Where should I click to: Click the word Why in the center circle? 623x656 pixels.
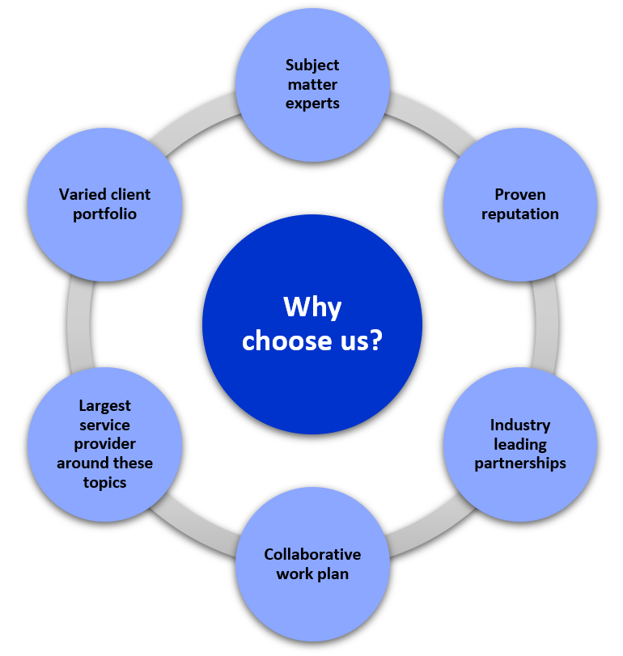tap(311, 307)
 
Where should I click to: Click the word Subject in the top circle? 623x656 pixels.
tap(311, 65)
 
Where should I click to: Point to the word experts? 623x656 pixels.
tap(311, 104)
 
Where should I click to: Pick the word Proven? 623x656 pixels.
tap(520, 195)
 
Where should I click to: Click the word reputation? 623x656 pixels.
tap(520, 214)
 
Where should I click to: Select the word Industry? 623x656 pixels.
tap(520, 425)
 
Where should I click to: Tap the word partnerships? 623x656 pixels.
tap(520, 463)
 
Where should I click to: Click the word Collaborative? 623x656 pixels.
tap(312, 554)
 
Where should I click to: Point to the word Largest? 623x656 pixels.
tap(104, 405)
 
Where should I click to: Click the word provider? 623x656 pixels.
tap(104, 444)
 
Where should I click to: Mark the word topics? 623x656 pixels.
tap(104, 483)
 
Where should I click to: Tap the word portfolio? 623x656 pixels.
tap(104, 214)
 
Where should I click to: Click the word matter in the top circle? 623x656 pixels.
tap(311, 84)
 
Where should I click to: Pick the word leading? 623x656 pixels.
tap(520, 444)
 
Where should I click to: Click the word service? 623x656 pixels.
tap(104, 425)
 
